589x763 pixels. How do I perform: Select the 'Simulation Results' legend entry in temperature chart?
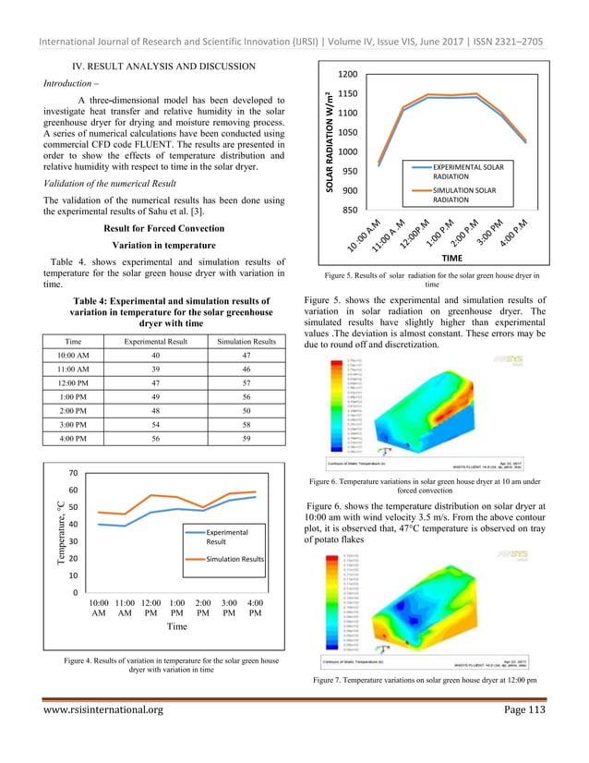point(235,559)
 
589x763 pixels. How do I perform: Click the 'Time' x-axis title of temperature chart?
point(176,625)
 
